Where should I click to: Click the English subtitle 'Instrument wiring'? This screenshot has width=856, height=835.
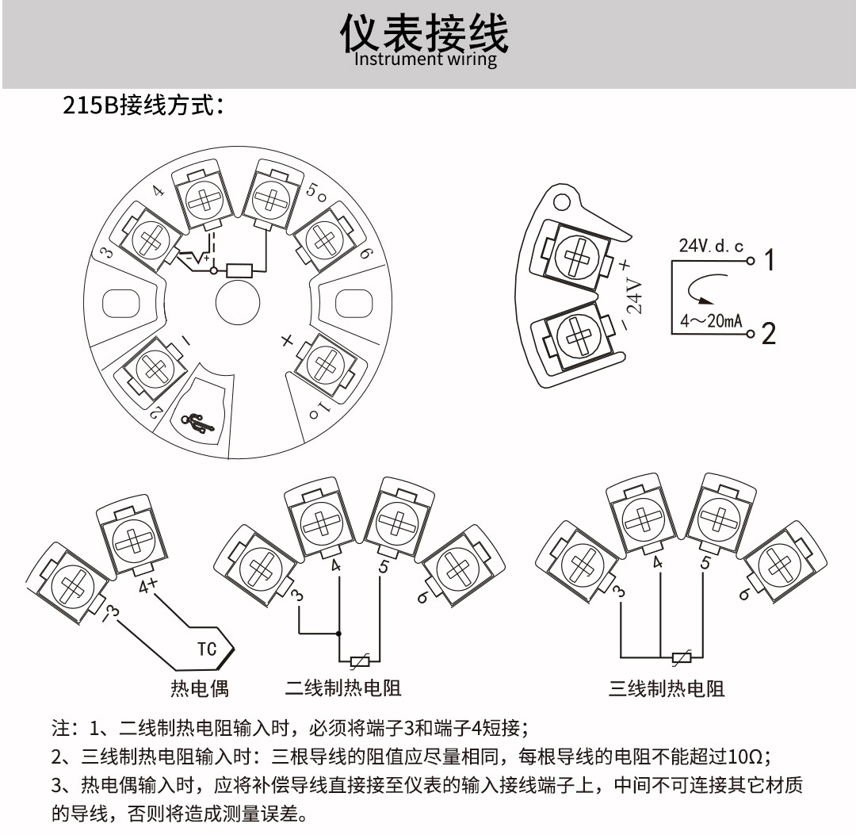click(x=426, y=59)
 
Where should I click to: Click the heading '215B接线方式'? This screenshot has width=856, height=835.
click(x=143, y=106)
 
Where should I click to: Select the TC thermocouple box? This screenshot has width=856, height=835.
click(x=207, y=649)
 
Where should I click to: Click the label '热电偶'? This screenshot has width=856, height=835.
click(x=200, y=688)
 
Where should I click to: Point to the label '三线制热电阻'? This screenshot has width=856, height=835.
click(x=667, y=688)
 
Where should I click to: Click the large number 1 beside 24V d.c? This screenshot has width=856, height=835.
click(x=768, y=259)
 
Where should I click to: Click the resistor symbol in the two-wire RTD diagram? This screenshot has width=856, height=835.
click(x=361, y=661)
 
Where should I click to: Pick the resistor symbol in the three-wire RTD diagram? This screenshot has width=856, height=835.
click(x=681, y=657)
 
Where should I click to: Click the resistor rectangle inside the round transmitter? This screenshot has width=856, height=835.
click(x=239, y=271)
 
